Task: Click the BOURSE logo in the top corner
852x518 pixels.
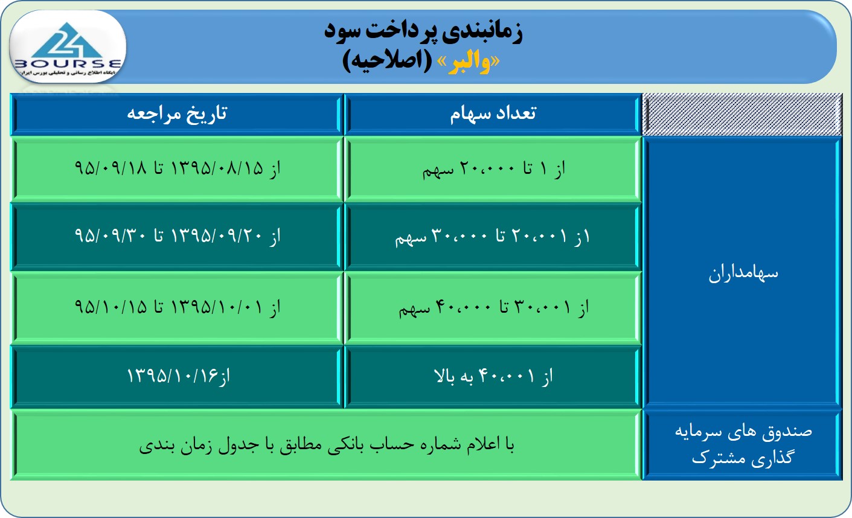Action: click(x=68, y=48)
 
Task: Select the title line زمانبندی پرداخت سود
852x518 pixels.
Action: click(x=423, y=31)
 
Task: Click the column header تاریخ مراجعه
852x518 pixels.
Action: click(x=177, y=114)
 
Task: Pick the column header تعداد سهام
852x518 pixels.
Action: click(x=493, y=114)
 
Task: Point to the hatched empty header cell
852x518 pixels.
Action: click(x=742, y=114)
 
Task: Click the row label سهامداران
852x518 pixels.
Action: click(x=743, y=273)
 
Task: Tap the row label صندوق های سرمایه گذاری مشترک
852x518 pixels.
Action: click(x=743, y=444)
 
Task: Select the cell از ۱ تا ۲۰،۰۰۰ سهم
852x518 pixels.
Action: click(x=493, y=169)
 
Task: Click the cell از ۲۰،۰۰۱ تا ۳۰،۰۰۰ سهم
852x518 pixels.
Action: click(x=493, y=237)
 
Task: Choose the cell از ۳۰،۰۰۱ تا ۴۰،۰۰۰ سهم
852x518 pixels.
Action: click(x=493, y=307)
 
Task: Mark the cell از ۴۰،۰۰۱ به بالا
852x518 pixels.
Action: click(x=493, y=377)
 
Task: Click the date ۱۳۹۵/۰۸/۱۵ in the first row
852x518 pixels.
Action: click(x=217, y=168)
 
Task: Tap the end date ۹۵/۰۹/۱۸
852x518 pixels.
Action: click(x=111, y=168)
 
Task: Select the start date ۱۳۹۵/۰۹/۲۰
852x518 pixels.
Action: click(x=217, y=236)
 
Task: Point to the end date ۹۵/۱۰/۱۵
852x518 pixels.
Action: click(x=111, y=307)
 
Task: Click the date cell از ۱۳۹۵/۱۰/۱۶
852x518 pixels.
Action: click(x=178, y=376)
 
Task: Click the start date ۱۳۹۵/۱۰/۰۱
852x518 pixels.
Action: click(x=217, y=307)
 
